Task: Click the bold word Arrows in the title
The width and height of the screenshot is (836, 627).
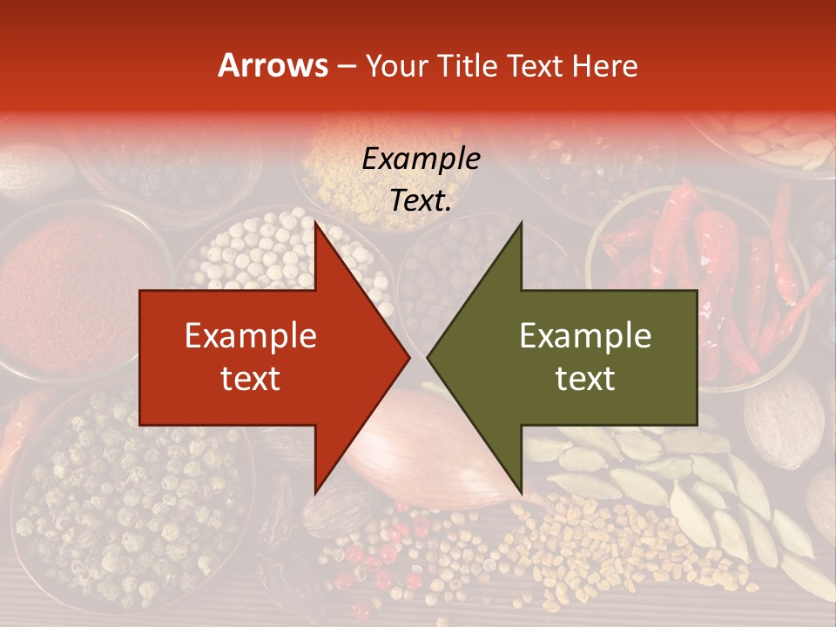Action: click(x=273, y=65)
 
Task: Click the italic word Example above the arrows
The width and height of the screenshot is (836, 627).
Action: click(x=421, y=159)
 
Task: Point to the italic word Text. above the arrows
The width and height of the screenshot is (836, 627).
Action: click(x=421, y=200)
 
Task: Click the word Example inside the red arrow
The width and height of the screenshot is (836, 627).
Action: click(x=251, y=336)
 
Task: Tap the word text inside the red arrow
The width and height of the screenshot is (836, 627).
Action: click(x=251, y=378)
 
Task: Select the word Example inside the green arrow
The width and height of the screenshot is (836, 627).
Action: click(x=585, y=336)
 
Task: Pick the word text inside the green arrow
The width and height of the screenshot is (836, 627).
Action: click(x=585, y=378)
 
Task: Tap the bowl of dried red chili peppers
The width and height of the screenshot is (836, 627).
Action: click(x=705, y=253)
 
